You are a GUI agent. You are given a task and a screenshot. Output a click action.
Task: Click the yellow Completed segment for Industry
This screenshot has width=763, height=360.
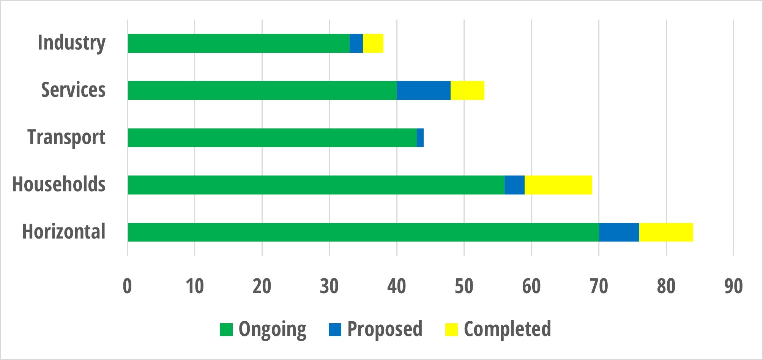coord(373,43)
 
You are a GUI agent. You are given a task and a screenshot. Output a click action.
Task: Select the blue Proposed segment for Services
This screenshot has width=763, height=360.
coord(424,90)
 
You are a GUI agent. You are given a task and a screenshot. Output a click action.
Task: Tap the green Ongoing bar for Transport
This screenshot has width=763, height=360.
coord(272,137)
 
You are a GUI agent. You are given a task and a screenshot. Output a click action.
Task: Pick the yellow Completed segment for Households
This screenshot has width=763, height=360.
coord(558,185)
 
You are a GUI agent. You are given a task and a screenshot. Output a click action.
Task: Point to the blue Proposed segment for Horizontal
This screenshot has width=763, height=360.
coord(619,232)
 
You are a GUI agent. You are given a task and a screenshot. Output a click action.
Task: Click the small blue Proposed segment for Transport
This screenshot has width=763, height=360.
coord(420,137)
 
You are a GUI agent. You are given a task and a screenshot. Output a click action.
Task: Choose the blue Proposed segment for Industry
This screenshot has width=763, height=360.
coord(356,43)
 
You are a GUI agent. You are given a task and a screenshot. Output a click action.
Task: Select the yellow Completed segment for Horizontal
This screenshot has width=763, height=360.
coord(666,232)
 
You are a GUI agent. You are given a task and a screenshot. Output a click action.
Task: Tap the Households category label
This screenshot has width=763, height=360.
coord(59,184)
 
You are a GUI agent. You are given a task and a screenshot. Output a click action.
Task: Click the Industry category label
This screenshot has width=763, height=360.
coord(71,43)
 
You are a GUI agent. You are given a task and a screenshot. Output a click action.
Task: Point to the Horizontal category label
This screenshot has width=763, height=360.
coord(64,231)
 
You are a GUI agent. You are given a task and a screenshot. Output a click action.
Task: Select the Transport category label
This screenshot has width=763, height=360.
coord(66,137)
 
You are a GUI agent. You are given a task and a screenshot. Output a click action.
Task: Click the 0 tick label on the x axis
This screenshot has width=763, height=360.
coord(127,286)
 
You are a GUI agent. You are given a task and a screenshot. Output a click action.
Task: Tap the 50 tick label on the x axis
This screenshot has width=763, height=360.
coord(464,286)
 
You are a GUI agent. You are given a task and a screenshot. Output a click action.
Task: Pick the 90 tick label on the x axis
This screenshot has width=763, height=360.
coord(733,286)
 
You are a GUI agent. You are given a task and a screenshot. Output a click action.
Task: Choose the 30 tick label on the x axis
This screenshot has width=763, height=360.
coord(329,286)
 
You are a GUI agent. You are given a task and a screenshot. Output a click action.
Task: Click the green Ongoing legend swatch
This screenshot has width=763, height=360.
coord(226,329)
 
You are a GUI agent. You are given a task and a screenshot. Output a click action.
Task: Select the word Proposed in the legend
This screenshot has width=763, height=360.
coord(385,329)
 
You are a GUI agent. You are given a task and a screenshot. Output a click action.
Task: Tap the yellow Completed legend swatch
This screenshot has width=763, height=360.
coord(451,329)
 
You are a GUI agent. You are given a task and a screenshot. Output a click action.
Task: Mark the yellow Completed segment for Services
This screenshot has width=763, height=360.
coord(467,90)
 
